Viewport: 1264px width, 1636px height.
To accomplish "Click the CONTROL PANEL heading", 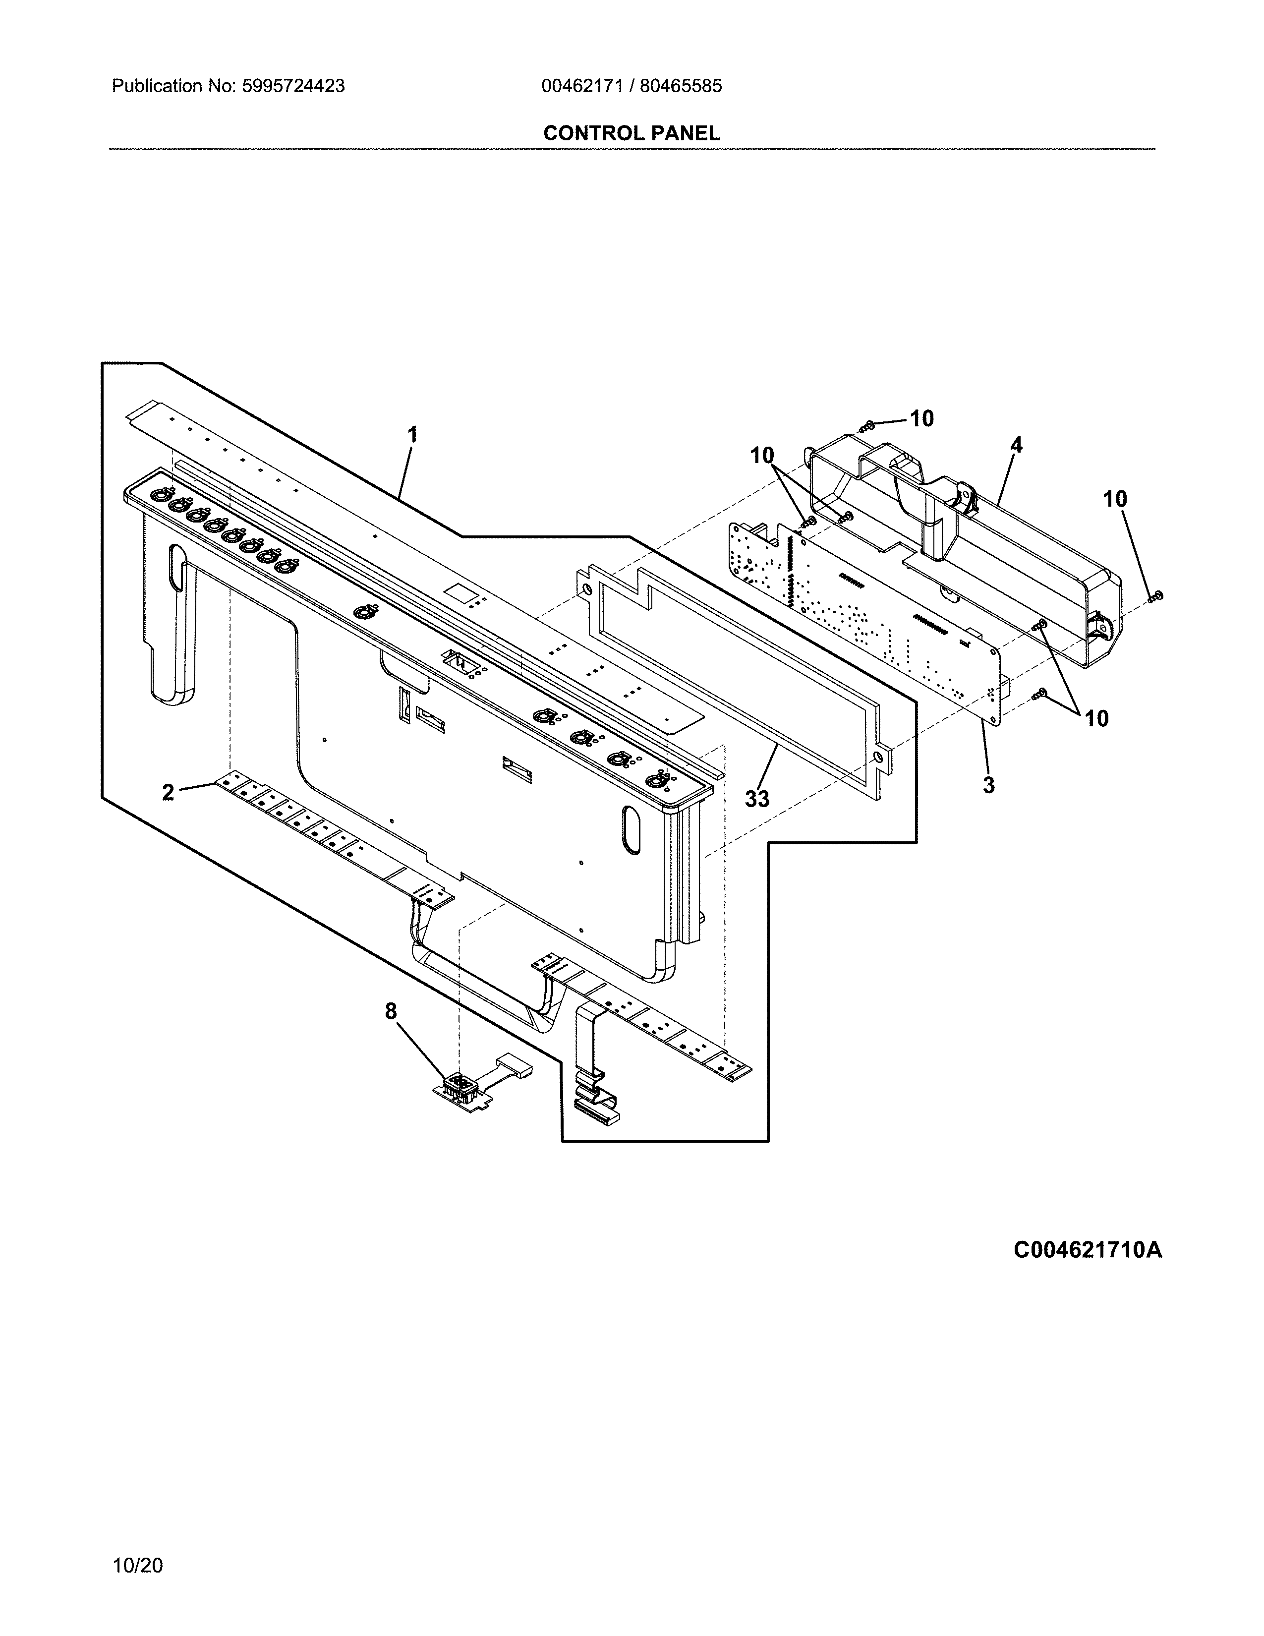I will pyautogui.click(x=631, y=133).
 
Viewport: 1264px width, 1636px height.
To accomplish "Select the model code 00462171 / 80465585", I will pyautogui.click(x=631, y=86).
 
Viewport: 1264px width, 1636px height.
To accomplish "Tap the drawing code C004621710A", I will pyautogui.click(x=1087, y=1250).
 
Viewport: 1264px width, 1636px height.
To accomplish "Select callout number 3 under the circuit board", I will pyautogui.click(x=988, y=785).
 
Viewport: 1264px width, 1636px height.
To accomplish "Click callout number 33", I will pyautogui.click(x=757, y=799).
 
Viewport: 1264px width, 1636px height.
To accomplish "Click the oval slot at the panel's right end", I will pyautogui.click(x=631, y=830).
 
